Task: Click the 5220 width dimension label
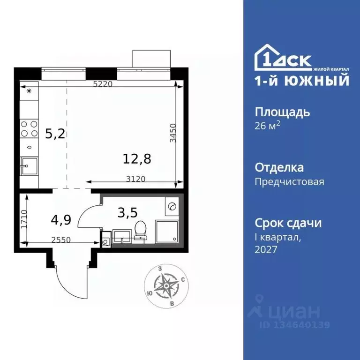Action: click(103, 84)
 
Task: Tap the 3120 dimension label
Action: click(136, 179)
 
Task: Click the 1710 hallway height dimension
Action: click(25, 218)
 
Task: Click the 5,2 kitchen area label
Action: click(54, 135)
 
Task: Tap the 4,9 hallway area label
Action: click(59, 218)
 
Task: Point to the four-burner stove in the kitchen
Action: click(29, 128)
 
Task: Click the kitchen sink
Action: click(29, 165)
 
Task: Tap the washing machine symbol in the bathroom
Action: click(172, 206)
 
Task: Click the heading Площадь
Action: click(282, 112)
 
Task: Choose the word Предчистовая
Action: click(289, 181)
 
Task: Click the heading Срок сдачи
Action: click(288, 223)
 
